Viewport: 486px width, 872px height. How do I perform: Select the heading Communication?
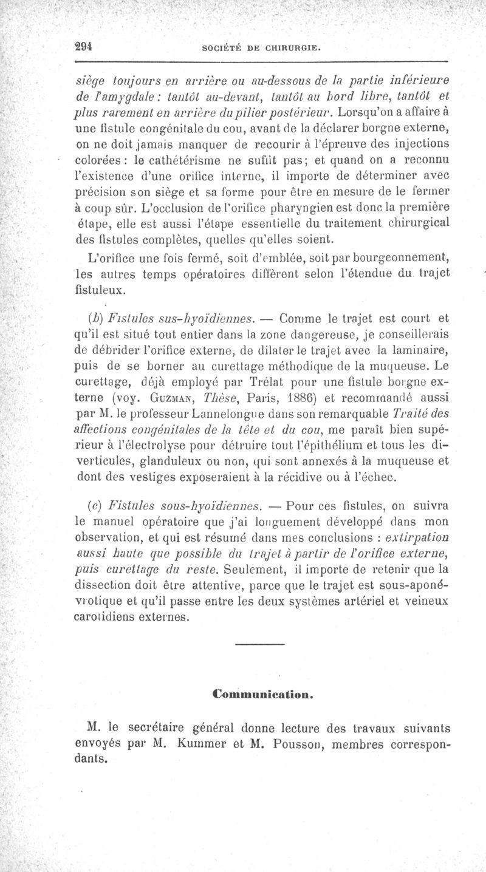[263, 692]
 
